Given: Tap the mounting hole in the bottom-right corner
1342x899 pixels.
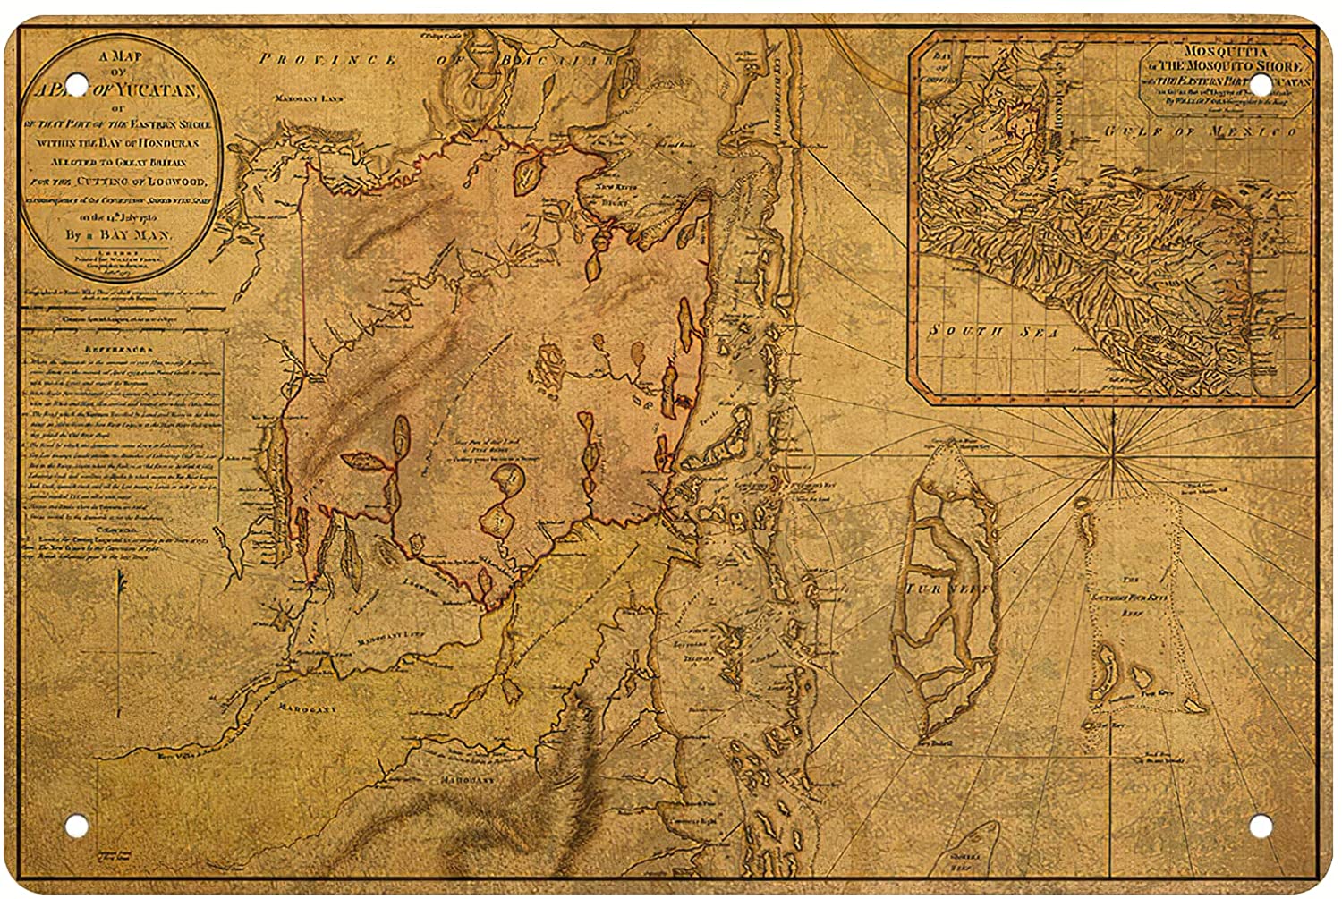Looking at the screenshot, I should (x=1263, y=822).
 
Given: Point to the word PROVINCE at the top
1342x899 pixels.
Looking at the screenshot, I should (x=325, y=60).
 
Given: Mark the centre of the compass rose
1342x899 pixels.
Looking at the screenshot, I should (x=1112, y=458).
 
